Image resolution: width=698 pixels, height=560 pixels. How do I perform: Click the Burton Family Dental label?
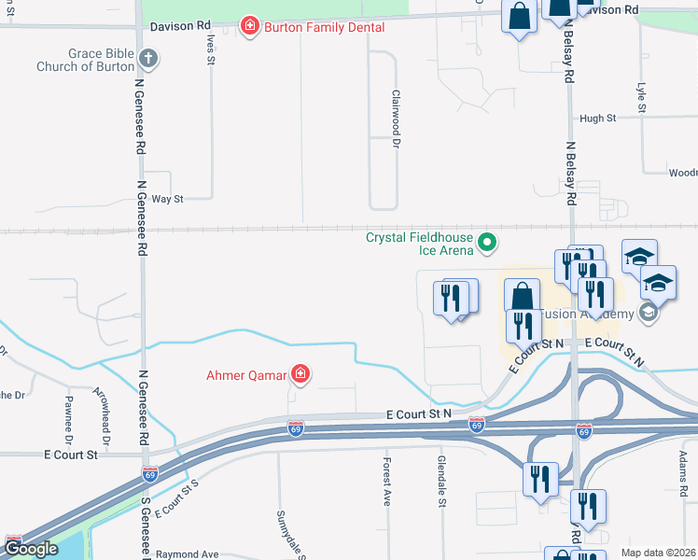(325, 27)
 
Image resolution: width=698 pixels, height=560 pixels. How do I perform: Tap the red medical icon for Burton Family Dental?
(249, 26)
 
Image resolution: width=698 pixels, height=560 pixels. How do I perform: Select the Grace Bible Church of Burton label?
(85, 61)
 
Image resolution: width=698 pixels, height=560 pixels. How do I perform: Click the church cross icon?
(147, 60)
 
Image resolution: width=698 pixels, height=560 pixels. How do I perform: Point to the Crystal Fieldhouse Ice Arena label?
(418, 244)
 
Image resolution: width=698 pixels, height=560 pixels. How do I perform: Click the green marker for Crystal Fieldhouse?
(486, 244)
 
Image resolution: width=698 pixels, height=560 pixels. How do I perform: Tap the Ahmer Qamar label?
(246, 376)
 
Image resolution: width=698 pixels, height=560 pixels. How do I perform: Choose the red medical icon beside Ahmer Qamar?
(300, 375)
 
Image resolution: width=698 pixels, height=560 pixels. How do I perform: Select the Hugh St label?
(598, 119)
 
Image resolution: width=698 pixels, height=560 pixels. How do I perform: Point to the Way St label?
(168, 199)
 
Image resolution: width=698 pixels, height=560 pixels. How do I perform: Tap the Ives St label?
(212, 48)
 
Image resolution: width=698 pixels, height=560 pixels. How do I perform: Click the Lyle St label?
(641, 98)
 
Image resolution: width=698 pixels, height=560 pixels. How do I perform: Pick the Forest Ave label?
(386, 481)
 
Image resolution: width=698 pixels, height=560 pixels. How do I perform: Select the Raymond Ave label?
(187, 553)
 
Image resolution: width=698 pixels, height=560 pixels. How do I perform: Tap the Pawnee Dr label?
(68, 419)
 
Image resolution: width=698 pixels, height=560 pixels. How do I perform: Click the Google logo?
(31, 548)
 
